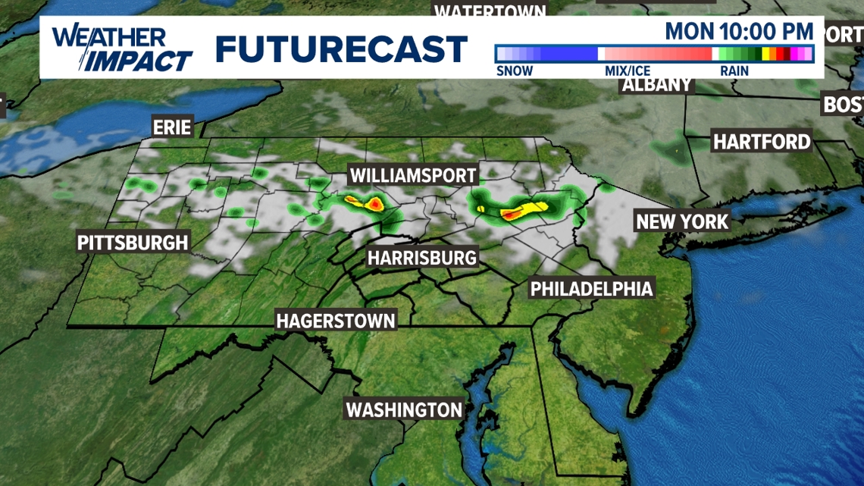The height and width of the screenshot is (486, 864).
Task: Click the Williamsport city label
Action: (413, 176)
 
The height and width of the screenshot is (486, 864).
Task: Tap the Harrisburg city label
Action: (422, 258)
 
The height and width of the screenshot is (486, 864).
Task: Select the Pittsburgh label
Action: (133, 243)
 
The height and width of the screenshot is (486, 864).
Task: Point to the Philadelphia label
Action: (591, 288)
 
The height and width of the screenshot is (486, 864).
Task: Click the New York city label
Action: (682, 221)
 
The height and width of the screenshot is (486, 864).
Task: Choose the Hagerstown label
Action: (336, 320)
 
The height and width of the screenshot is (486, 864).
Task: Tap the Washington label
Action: (403, 409)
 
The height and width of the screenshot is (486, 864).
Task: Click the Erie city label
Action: (172, 126)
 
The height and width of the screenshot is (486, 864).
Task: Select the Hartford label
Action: (762, 142)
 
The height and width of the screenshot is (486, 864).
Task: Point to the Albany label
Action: (657, 85)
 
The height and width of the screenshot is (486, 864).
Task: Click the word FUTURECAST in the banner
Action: (341, 49)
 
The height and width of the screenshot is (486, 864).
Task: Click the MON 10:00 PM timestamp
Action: (739, 32)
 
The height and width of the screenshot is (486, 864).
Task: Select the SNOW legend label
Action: (515, 71)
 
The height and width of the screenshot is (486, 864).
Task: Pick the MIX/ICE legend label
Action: (627, 71)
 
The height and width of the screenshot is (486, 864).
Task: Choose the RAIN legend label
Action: (734, 71)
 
